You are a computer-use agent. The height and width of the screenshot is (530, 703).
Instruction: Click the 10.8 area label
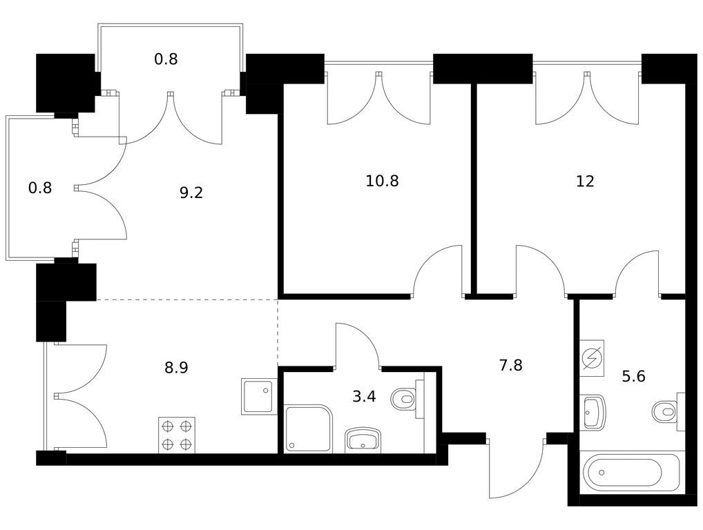(x=382, y=181)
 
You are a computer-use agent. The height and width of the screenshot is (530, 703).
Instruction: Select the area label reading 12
(x=585, y=181)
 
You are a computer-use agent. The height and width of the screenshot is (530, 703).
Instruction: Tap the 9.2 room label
(x=191, y=193)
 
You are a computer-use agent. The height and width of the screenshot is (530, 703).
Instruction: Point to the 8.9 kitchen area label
(x=176, y=368)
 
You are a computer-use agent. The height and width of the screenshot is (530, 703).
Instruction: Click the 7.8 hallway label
(x=510, y=365)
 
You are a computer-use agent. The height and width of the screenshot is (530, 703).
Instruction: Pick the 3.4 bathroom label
(x=364, y=397)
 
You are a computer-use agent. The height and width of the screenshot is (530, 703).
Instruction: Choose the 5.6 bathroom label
(x=633, y=376)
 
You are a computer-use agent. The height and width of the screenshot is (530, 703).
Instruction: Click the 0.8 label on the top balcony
(x=166, y=59)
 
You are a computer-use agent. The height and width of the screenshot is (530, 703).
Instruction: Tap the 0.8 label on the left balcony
(x=40, y=188)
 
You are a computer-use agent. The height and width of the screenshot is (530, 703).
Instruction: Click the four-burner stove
(x=177, y=435)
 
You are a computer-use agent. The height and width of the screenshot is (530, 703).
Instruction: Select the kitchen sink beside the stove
(x=259, y=397)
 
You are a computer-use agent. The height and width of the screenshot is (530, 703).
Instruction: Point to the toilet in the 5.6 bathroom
(x=668, y=412)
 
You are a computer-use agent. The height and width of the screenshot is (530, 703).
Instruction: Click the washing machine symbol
(x=592, y=358)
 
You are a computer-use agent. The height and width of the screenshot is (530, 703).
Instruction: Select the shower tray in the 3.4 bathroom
(x=309, y=429)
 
